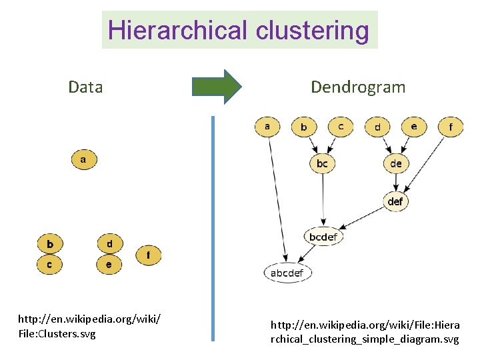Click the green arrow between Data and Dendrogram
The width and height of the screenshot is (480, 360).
[x=217, y=87]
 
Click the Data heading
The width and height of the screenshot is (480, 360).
[x=85, y=87]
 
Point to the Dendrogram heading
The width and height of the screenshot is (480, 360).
[x=357, y=87]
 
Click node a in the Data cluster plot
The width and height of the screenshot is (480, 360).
[x=83, y=160]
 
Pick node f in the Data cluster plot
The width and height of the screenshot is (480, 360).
[x=148, y=254]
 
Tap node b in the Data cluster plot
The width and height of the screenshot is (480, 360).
[x=49, y=243]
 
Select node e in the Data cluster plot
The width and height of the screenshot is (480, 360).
[x=109, y=265]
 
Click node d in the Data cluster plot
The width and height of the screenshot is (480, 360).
[x=109, y=243]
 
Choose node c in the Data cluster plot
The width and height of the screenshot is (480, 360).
[x=49, y=265]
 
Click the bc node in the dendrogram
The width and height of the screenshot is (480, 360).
[x=322, y=163]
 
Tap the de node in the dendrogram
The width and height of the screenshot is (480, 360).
[x=396, y=163]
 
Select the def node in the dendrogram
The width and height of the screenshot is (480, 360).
[x=395, y=201]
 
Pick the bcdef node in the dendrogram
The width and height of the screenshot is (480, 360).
[x=323, y=237]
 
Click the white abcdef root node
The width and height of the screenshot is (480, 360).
[x=287, y=273]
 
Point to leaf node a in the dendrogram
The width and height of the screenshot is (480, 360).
[x=267, y=126]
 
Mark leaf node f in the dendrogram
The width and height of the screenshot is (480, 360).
[x=451, y=126]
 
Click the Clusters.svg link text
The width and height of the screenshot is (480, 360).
[x=57, y=333]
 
